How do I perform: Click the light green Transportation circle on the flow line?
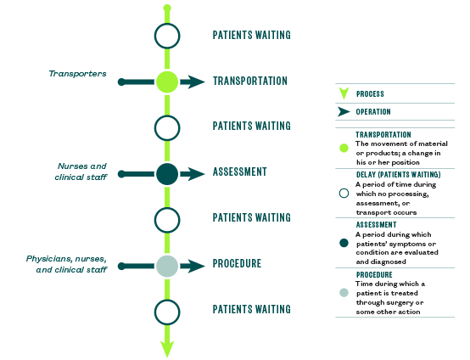pos(167,82)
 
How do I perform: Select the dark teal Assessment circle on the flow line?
pos(167,174)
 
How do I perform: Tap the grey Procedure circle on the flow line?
pos(167,266)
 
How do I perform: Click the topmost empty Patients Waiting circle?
pos(167,36)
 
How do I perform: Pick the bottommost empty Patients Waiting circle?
pos(167,312)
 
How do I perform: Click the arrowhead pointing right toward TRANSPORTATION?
pos(195,82)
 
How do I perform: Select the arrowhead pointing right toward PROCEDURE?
pos(195,266)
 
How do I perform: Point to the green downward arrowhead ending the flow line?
pos(167,349)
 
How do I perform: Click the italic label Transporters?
pos(78,74)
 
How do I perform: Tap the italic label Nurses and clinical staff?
pos(81,172)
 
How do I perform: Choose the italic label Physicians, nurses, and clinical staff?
pos(66,264)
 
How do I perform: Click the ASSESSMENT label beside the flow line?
pos(240,172)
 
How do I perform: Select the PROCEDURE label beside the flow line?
pos(237,263)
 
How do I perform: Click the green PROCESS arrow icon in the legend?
pos(344,93)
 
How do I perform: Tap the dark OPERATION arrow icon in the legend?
pos(344,111)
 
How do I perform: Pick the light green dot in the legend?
pos(344,148)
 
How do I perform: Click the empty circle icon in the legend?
pos(344,194)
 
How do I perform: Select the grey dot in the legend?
pos(344,292)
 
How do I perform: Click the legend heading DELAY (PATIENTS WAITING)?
pos(399,175)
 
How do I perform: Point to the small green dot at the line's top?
pos(167,8)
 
